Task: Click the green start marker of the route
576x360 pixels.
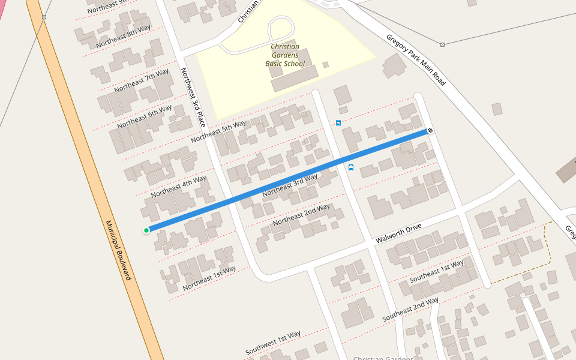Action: pos(146,230)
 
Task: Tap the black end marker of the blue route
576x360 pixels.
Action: pos(430,131)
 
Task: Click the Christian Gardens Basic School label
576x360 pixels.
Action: pos(285,55)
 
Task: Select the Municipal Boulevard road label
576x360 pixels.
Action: pos(118,250)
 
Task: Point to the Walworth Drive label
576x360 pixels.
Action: pos(398,233)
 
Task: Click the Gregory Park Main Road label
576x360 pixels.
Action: pos(416,59)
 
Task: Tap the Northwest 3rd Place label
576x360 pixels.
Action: pos(193,97)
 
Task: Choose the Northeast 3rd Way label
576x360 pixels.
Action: pos(290,185)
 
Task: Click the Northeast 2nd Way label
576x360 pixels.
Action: pos(301,215)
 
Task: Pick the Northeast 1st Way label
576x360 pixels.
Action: pos(209,277)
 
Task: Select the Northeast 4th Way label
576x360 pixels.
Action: pos(179,187)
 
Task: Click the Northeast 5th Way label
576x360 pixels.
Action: pos(218,131)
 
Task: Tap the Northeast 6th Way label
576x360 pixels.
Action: pos(145,116)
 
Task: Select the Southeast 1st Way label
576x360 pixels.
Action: pos(436,272)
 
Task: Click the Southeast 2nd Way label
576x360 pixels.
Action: pos(410,308)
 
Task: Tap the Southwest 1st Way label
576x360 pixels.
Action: pos(273,343)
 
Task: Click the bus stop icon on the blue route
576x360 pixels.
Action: pos(351,167)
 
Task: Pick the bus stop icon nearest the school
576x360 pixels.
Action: pos(338,123)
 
